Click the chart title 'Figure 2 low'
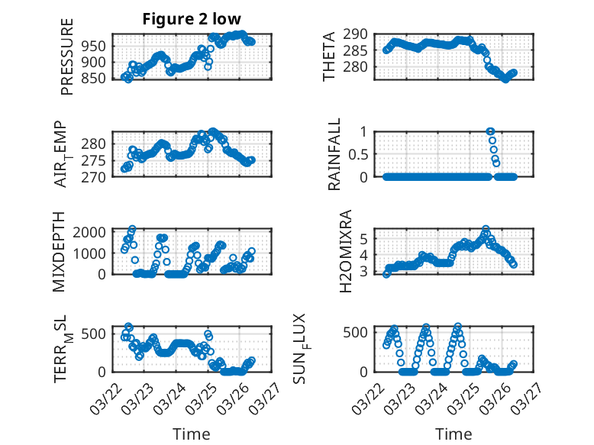(192, 20)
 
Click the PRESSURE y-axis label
(68, 63)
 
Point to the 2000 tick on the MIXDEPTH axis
(92, 232)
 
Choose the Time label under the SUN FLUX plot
(454, 434)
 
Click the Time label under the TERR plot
(192, 434)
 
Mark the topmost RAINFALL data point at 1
(490, 131)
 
